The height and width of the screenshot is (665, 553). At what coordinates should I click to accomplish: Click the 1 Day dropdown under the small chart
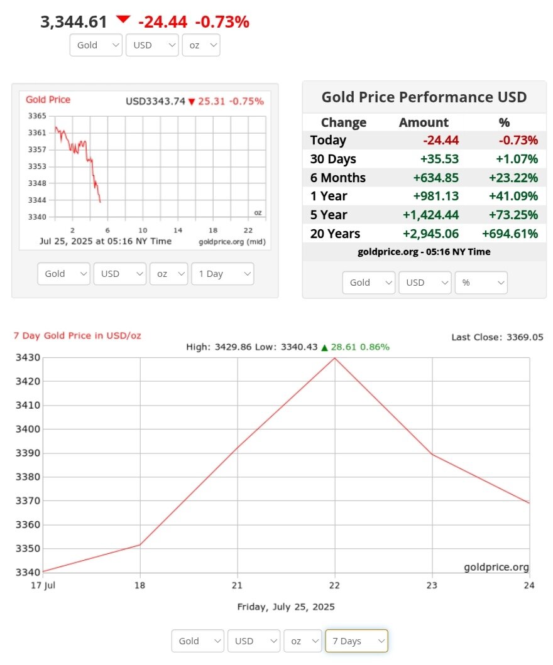[222, 274]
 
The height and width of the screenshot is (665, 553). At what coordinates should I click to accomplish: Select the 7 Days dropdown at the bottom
[356, 641]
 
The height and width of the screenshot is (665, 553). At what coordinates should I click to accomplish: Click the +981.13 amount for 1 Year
[435, 196]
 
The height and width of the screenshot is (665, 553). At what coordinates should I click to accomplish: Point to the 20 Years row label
[335, 234]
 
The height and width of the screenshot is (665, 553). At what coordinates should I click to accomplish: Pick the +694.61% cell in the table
[510, 234]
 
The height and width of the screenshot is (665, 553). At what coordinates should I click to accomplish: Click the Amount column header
[424, 122]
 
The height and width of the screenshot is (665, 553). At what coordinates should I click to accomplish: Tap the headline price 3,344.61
[74, 22]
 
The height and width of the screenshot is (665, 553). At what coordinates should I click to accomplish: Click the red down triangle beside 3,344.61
[123, 19]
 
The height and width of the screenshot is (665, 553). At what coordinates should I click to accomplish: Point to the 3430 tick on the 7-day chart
[28, 357]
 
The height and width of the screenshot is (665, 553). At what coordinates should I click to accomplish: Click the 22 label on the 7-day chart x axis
[334, 585]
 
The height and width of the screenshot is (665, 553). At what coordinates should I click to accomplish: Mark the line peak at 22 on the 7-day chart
[334, 358]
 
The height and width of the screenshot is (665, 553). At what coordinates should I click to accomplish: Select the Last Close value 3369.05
[525, 337]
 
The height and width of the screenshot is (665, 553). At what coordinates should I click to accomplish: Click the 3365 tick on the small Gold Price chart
[37, 116]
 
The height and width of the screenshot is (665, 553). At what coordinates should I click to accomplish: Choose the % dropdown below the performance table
[481, 283]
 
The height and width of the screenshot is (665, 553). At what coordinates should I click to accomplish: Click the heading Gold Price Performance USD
[424, 97]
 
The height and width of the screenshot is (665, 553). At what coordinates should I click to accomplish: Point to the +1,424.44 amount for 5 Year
[432, 215]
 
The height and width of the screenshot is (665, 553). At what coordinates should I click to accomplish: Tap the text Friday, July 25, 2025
[286, 607]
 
